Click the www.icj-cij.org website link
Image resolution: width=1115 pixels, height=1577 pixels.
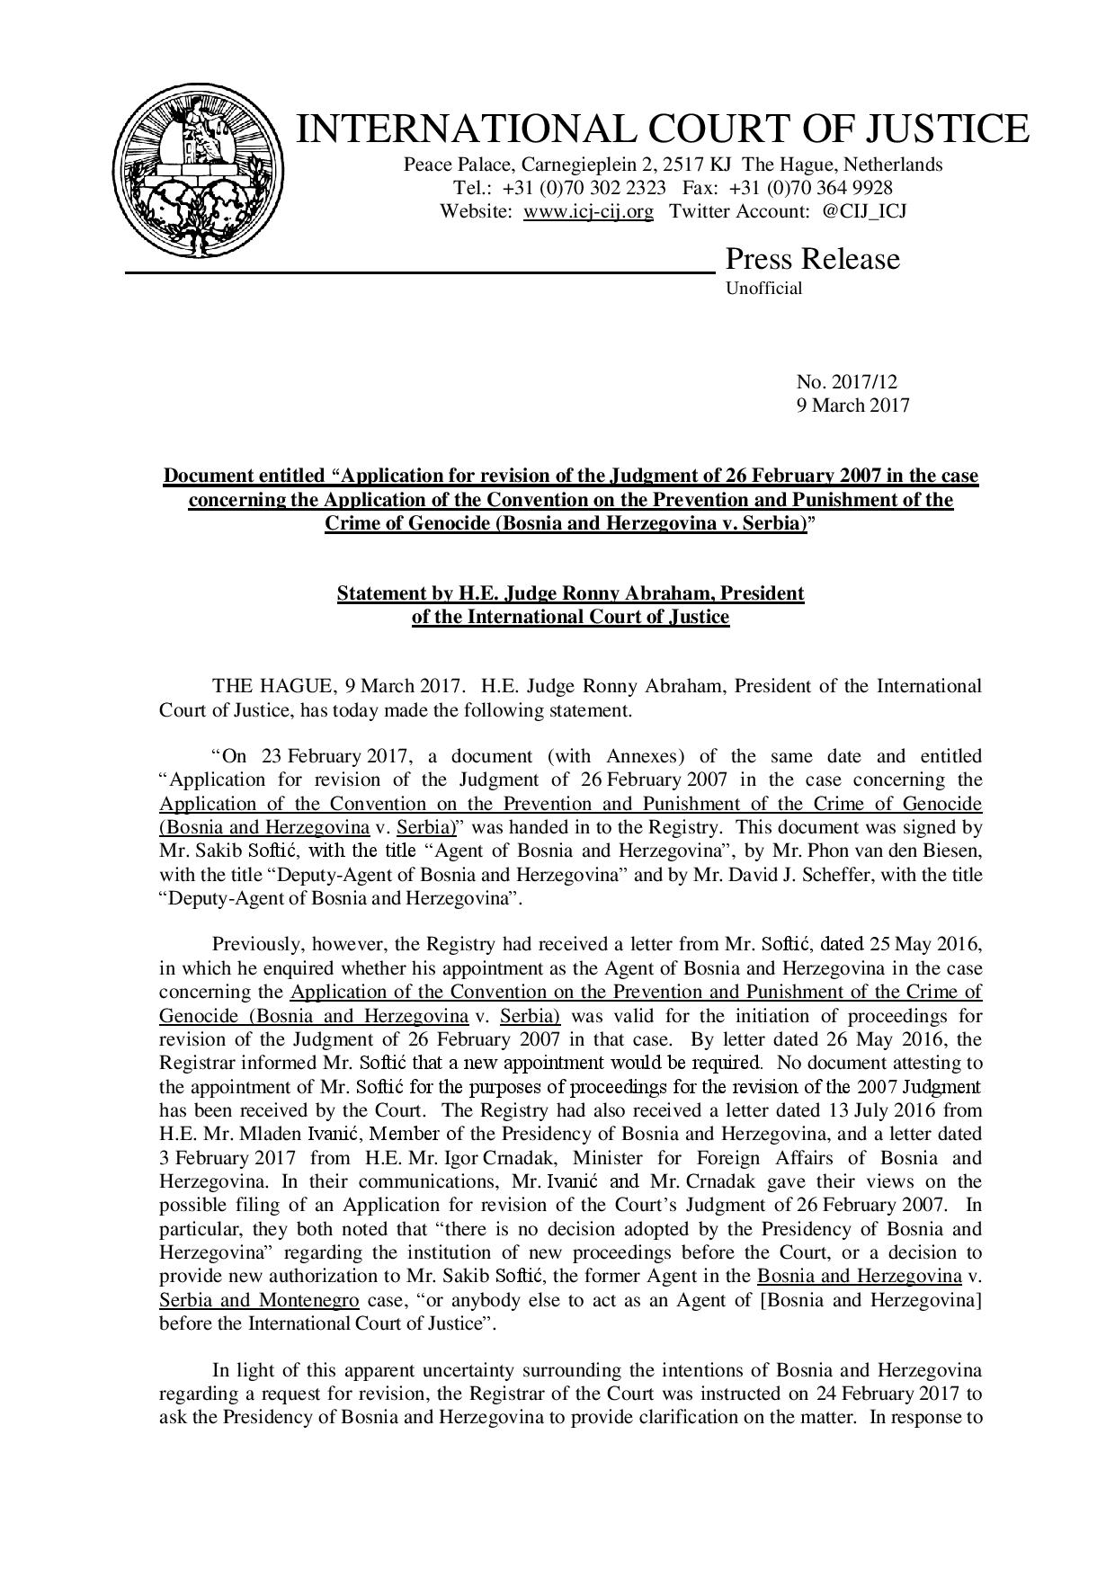click(x=588, y=211)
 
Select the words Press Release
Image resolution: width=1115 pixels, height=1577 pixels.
click(x=812, y=259)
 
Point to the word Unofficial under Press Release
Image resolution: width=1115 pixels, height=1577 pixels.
click(x=763, y=289)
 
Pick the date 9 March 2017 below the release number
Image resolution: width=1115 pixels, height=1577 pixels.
click(x=852, y=405)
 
